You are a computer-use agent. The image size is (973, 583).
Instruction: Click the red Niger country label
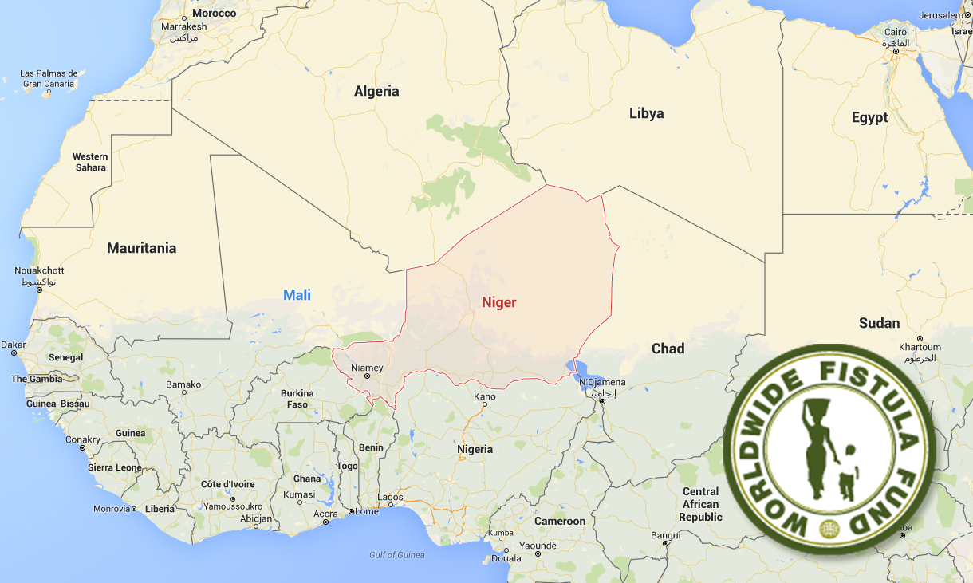[x=498, y=302]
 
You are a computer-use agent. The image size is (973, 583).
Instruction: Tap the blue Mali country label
[x=297, y=296]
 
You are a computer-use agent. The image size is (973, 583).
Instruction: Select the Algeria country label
[x=376, y=91]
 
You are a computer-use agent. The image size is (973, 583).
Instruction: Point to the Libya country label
[x=646, y=113]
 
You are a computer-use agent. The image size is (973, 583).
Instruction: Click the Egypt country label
[x=869, y=118]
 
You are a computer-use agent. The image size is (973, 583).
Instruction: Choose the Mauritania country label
[x=142, y=248]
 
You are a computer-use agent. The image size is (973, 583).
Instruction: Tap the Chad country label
[x=668, y=349]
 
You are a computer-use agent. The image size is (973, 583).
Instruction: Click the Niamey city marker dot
[x=368, y=377]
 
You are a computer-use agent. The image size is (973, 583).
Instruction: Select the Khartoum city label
[x=920, y=347]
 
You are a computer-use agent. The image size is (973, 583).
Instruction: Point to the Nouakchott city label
[x=39, y=271]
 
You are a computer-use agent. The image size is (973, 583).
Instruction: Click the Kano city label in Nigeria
[x=484, y=396]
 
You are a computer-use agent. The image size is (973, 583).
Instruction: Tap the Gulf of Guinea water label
[x=397, y=555]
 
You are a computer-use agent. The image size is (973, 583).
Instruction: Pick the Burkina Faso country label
[x=297, y=399]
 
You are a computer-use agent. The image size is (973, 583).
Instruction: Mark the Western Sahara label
[x=90, y=162]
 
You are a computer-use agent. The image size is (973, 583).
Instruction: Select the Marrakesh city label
[x=183, y=26]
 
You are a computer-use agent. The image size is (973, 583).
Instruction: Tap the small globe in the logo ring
[x=829, y=528]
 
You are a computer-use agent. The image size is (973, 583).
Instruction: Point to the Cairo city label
[x=894, y=33]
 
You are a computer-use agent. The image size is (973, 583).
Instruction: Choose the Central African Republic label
[x=700, y=504]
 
